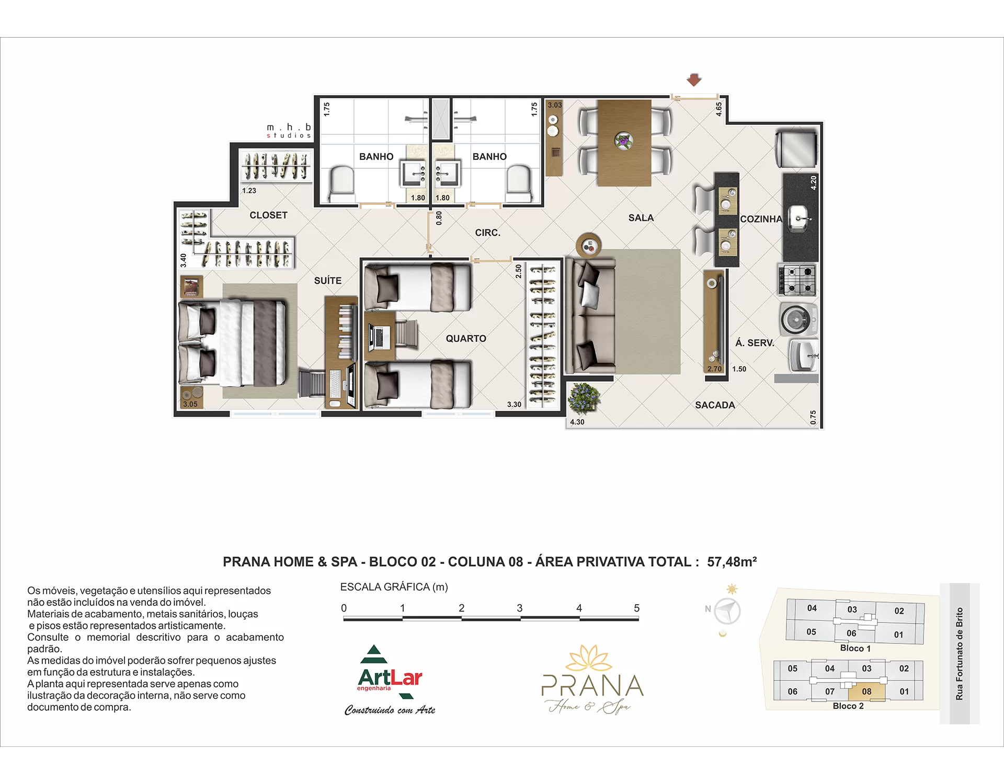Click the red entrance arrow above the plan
pyautogui.click(x=694, y=80)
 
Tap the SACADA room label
pyautogui.click(x=715, y=405)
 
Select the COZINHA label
pyautogui.click(x=761, y=219)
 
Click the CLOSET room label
pyautogui.click(x=268, y=215)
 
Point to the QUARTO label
pyautogui.click(x=466, y=339)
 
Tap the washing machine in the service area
pyautogui.click(x=798, y=318)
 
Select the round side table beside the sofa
pyautogui.click(x=589, y=245)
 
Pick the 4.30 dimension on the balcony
pyautogui.click(x=577, y=422)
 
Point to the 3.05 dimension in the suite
pyautogui.click(x=190, y=404)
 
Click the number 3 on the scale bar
pyautogui.click(x=520, y=608)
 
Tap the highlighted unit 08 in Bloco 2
pyautogui.click(x=866, y=691)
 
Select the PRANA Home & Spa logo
pyautogui.click(x=592, y=679)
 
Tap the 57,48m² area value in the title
pyautogui.click(x=732, y=562)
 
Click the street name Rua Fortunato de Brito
pyautogui.click(x=959, y=654)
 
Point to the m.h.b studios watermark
pyautogui.click(x=289, y=131)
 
